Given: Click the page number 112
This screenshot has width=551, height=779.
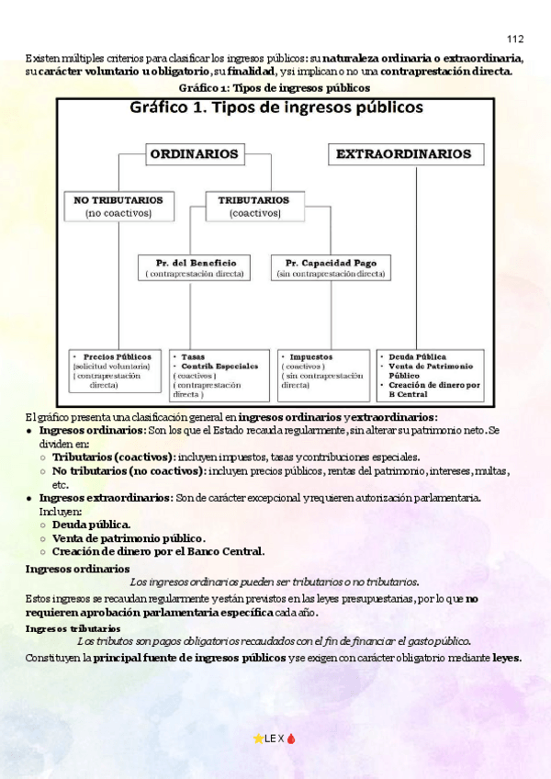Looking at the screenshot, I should (514, 39).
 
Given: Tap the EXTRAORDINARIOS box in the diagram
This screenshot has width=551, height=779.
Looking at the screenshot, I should (405, 154).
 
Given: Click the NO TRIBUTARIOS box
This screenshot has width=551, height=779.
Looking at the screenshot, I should (118, 206).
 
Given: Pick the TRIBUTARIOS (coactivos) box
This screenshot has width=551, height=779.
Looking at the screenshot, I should (253, 206).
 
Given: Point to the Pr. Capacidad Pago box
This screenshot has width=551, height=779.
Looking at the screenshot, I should (331, 267).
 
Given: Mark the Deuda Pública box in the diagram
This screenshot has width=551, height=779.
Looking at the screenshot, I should (430, 374).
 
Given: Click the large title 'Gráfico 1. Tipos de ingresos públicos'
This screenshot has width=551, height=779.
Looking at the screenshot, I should (276, 108).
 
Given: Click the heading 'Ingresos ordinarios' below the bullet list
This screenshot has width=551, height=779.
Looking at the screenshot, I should (71, 569).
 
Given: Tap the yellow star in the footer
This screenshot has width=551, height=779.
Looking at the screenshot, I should (258, 739).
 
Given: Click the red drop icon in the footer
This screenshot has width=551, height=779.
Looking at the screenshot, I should (292, 739).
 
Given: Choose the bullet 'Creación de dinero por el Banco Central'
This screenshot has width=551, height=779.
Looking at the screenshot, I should (158, 551).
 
